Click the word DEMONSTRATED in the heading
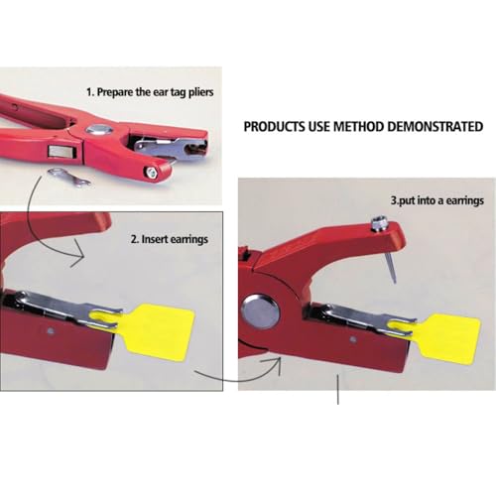[435, 127]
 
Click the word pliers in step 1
[201, 92]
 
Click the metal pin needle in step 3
[390, 267]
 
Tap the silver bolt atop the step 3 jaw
[377, 224]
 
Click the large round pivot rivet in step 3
[261, 312]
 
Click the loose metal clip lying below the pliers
[69, 177]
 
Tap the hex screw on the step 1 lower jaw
[151, 173]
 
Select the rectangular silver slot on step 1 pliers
[62, 152]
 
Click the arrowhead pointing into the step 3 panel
[275, 364]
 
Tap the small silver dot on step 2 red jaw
[50, 331]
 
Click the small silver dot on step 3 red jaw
[353, 339]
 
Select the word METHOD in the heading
[359, 127]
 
